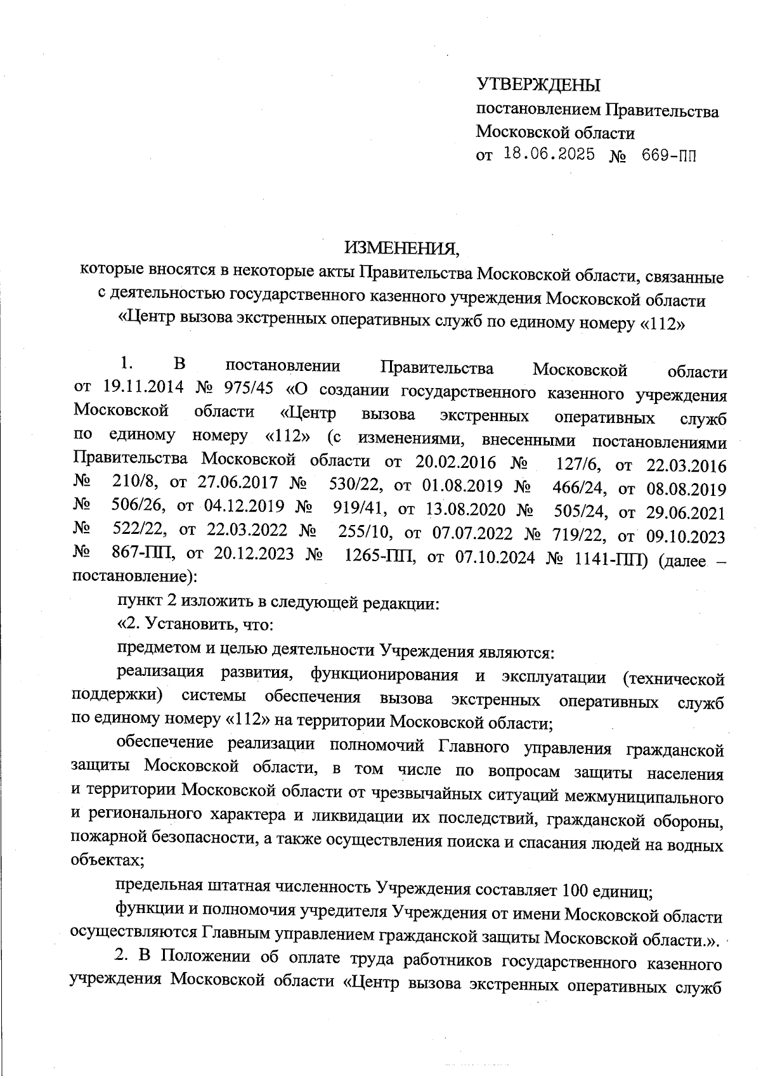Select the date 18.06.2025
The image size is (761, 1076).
pos(549,154)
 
